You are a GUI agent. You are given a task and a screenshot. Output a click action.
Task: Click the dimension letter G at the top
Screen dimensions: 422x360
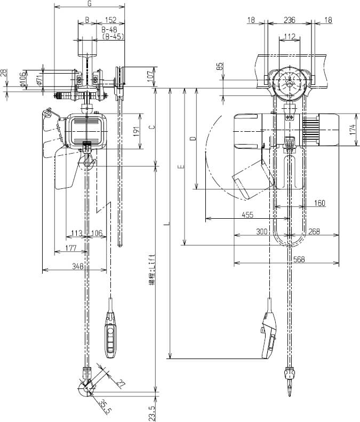(x=89, y=4)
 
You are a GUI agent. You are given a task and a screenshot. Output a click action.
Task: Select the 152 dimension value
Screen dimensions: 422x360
(x=111, y=20)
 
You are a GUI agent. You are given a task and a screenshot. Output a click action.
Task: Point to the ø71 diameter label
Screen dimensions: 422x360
(x=38, y=80)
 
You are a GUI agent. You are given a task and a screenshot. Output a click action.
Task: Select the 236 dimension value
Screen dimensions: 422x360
(x=289, y=20)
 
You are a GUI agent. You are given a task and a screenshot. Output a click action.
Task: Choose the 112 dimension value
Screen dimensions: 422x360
(x=290, y=36)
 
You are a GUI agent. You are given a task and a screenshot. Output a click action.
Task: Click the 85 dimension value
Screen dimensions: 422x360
(x=219, y=67)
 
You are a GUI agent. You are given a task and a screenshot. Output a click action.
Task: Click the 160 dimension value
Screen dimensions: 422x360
(x=319, y=203)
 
